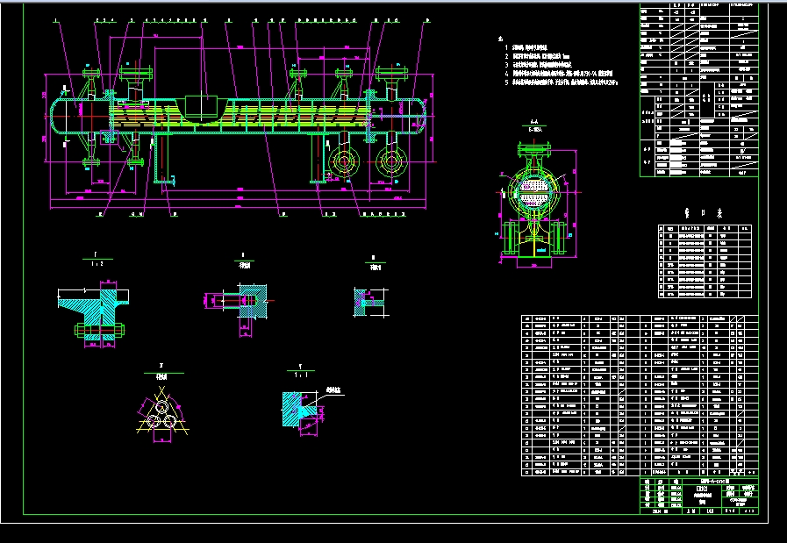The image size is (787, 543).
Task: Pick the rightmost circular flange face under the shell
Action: coord(388,161)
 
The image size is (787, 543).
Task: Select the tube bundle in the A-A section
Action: coord(532,187)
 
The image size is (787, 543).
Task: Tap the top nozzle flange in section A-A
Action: coord(533,146)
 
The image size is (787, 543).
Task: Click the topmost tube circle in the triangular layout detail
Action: coord(162,406)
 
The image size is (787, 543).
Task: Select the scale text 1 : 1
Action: coord(302,373)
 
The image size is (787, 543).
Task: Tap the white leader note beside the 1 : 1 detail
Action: coord(333,388)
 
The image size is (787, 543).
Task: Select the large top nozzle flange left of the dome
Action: coord(138,71)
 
